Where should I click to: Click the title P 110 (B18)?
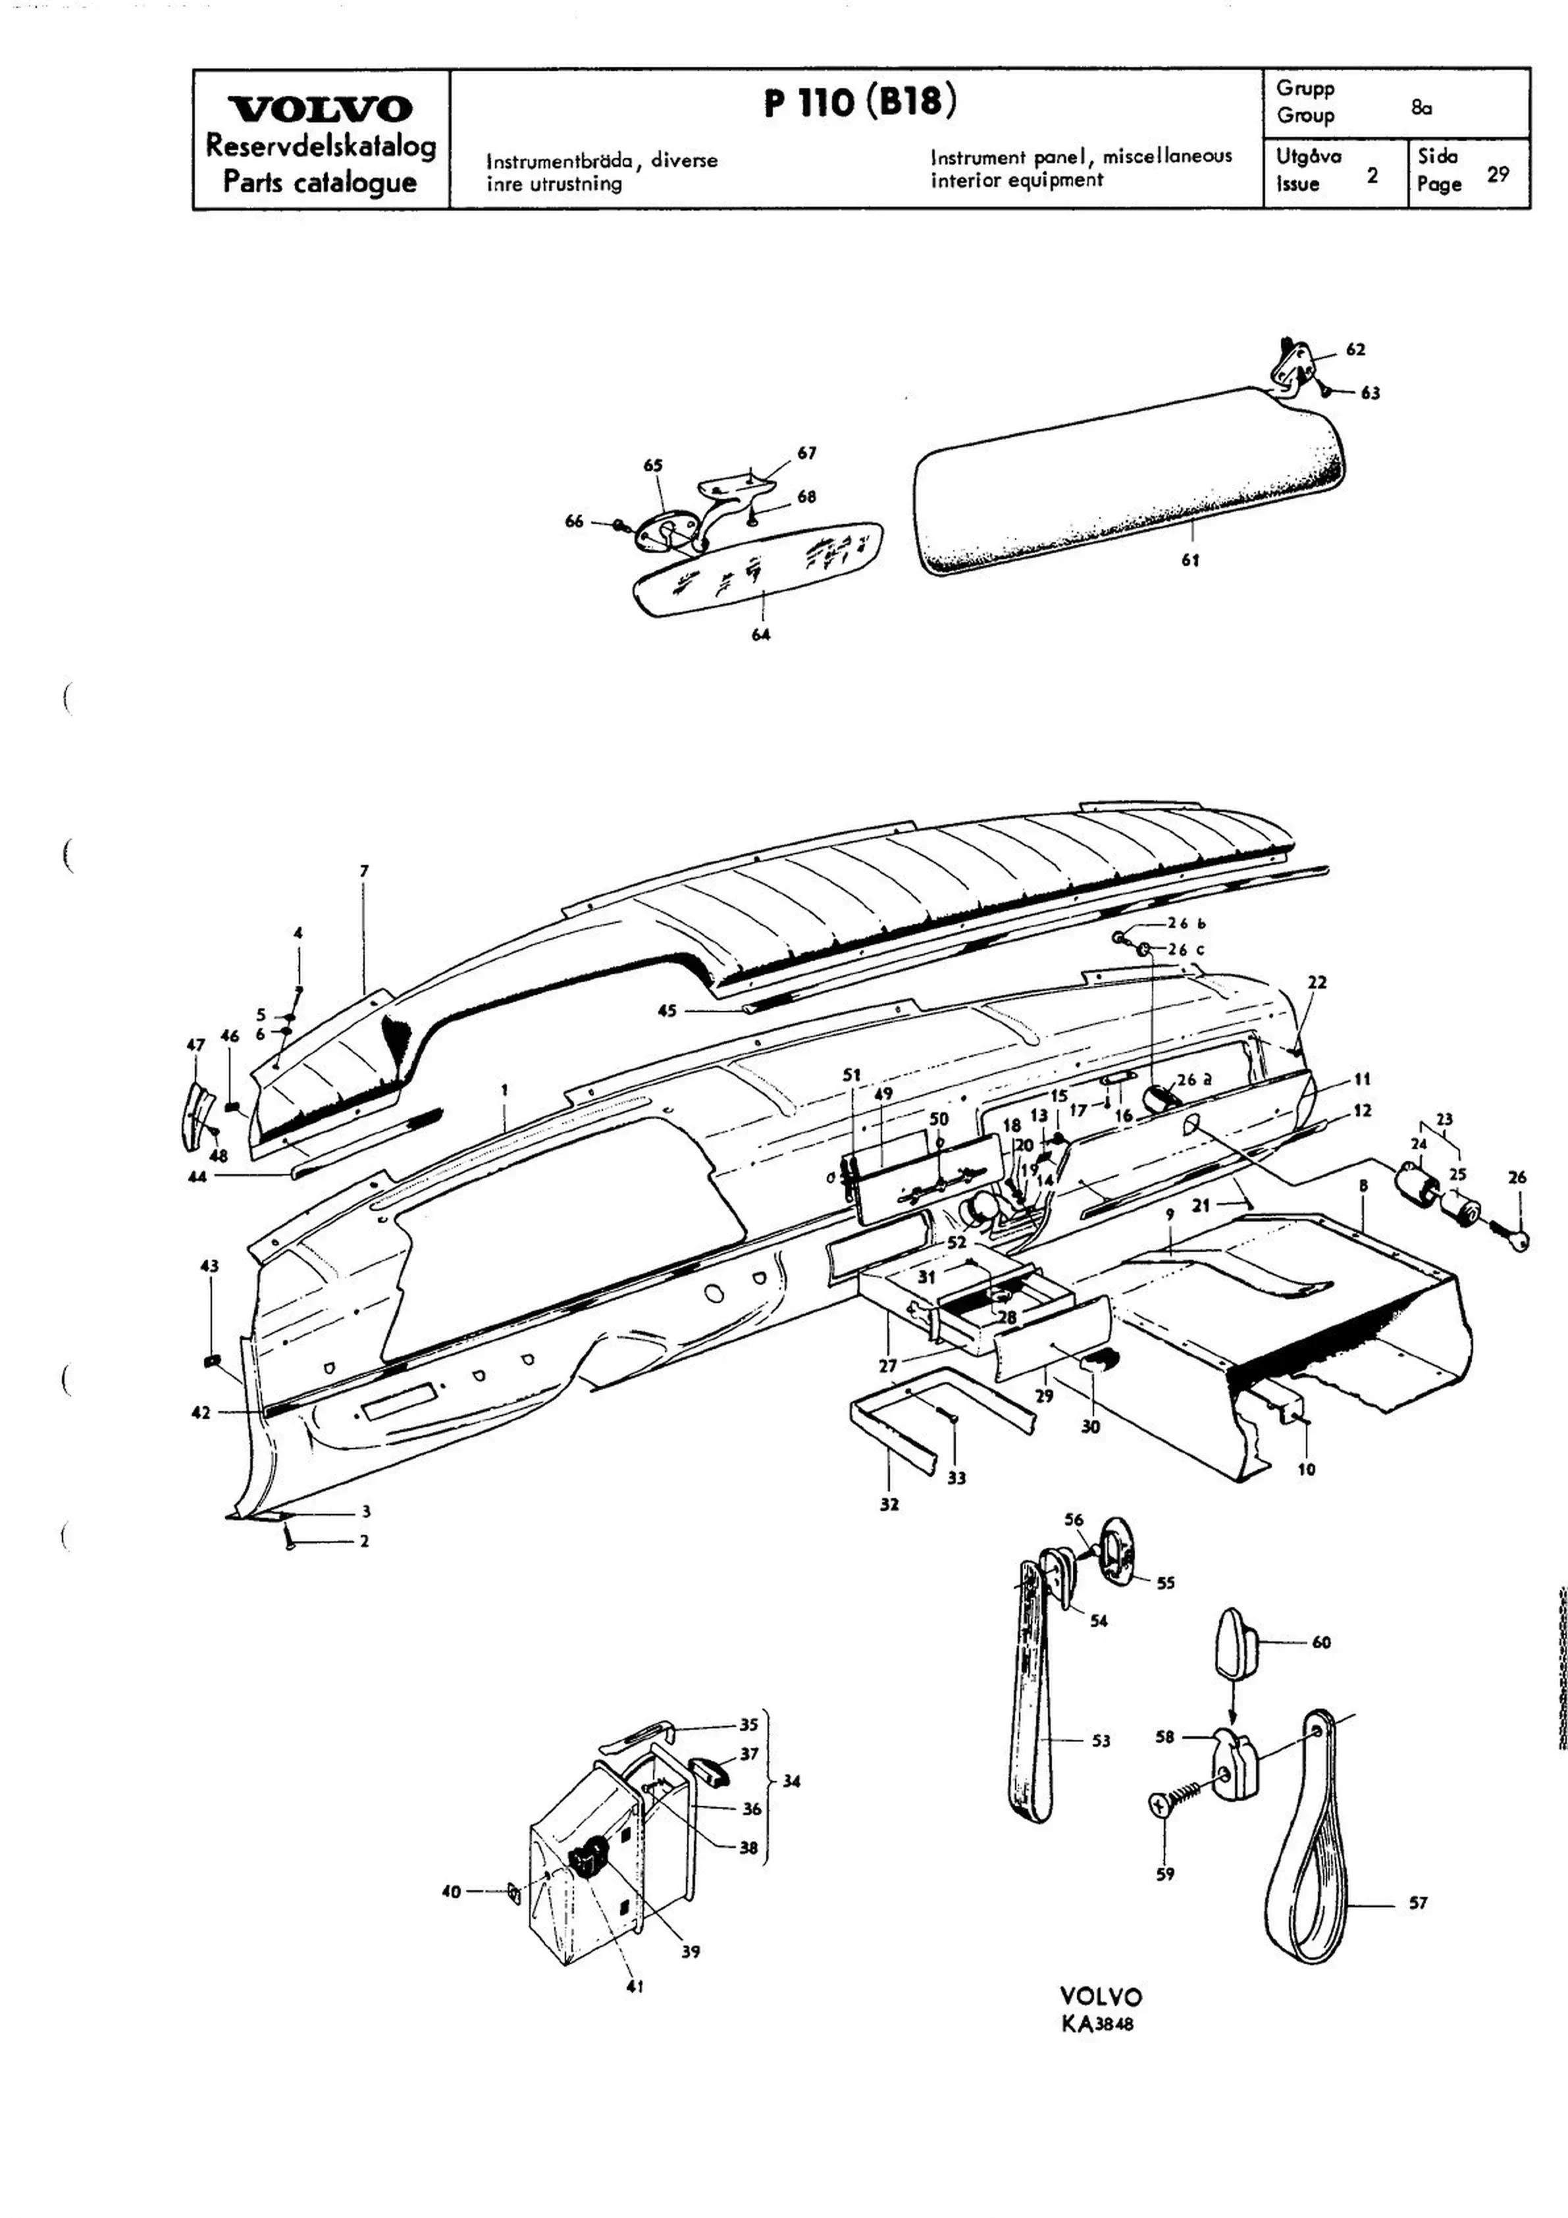pos(860,101)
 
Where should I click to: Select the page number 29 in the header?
pos(1498,175)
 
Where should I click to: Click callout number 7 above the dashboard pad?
pos(364,870)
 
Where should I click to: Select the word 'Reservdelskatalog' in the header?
pos(321,146)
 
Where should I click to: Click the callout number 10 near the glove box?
pos(1306,1469)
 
